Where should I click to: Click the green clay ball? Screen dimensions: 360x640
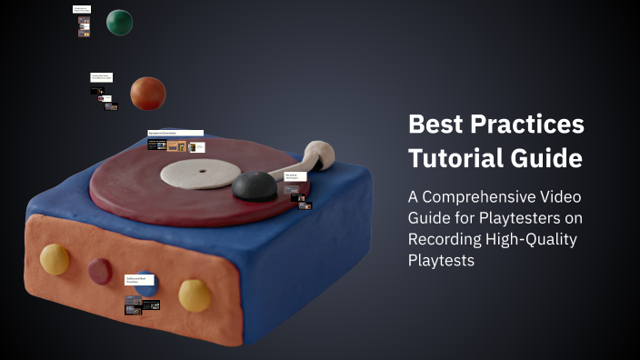tap(119, 22)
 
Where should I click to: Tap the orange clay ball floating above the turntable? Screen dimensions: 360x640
tap(147, 93)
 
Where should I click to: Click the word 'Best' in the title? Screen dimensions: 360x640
tap(435, 125)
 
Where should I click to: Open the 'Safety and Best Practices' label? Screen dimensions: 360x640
tap(139, 280)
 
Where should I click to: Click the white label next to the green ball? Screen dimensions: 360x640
tap(82, 9)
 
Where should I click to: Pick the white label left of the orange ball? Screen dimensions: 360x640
tap(101, 77)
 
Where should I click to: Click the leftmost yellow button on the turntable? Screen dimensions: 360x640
tap(55, 258)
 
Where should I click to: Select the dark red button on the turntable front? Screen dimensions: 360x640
tap(99, 271)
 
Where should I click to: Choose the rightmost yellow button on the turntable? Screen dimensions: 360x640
tap(195, 295)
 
